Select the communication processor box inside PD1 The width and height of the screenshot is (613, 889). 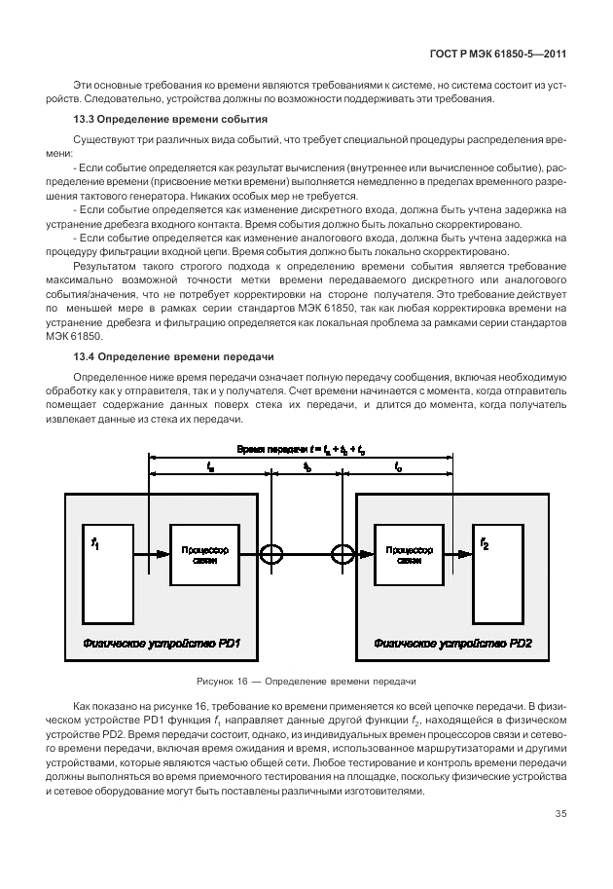203,554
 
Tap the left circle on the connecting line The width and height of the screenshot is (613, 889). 273,554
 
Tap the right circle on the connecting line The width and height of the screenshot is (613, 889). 342,554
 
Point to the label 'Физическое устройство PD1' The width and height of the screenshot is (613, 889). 162,645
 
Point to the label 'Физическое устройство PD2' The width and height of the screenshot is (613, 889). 453,645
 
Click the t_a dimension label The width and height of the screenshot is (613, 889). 211,467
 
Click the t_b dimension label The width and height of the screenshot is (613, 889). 307,467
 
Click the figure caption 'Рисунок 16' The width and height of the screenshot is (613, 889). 306,681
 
